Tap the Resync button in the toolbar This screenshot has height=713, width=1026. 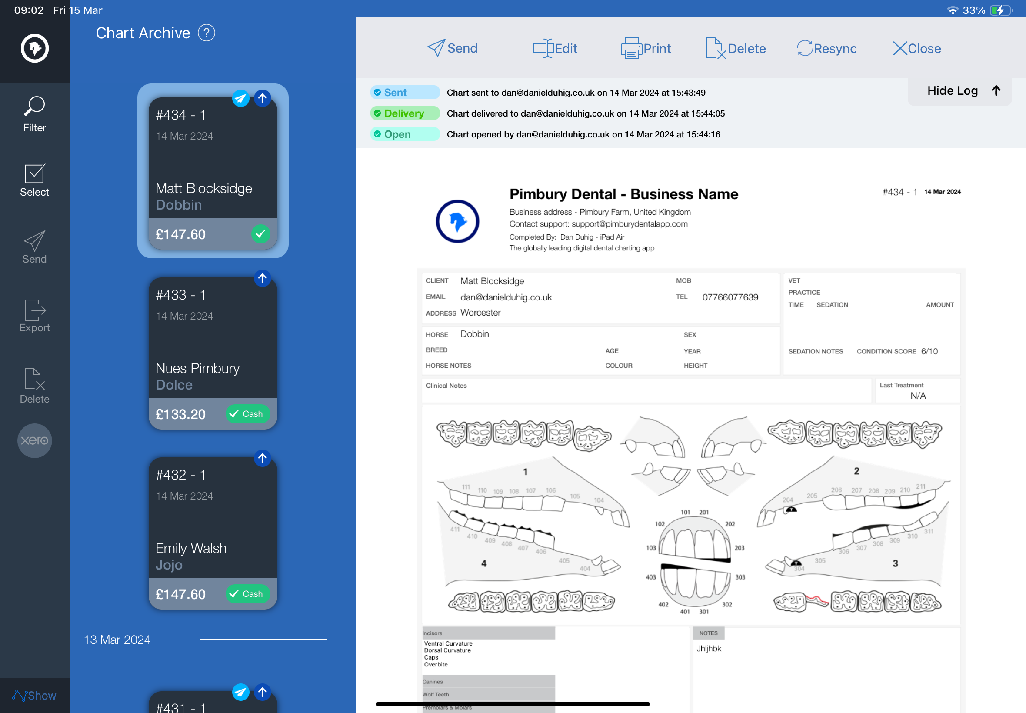(826, 48)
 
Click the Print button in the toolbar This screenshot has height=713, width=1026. (646, 48)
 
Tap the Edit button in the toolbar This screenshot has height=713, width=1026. (555, 48)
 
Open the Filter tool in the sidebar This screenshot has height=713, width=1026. (34, 114)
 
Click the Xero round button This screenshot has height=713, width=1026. (34, 440)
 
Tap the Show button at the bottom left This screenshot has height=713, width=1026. (34, 695)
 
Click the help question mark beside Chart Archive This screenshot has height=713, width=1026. (207, 33)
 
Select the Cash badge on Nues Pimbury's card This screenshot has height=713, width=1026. (247, 414)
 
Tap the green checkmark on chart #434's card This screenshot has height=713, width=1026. (260, 233)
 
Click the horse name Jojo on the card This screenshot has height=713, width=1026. (169, 565)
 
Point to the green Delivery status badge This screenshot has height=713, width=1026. (405, 113)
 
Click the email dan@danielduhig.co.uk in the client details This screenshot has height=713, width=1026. (506, 297)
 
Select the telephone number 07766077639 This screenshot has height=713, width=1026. (730, 297)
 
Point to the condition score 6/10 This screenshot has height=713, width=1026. (929, 351)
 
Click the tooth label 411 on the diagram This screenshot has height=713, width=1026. (455, 530)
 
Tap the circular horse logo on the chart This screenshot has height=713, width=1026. (457, 221)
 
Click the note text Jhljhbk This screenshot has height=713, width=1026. (709, 648)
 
